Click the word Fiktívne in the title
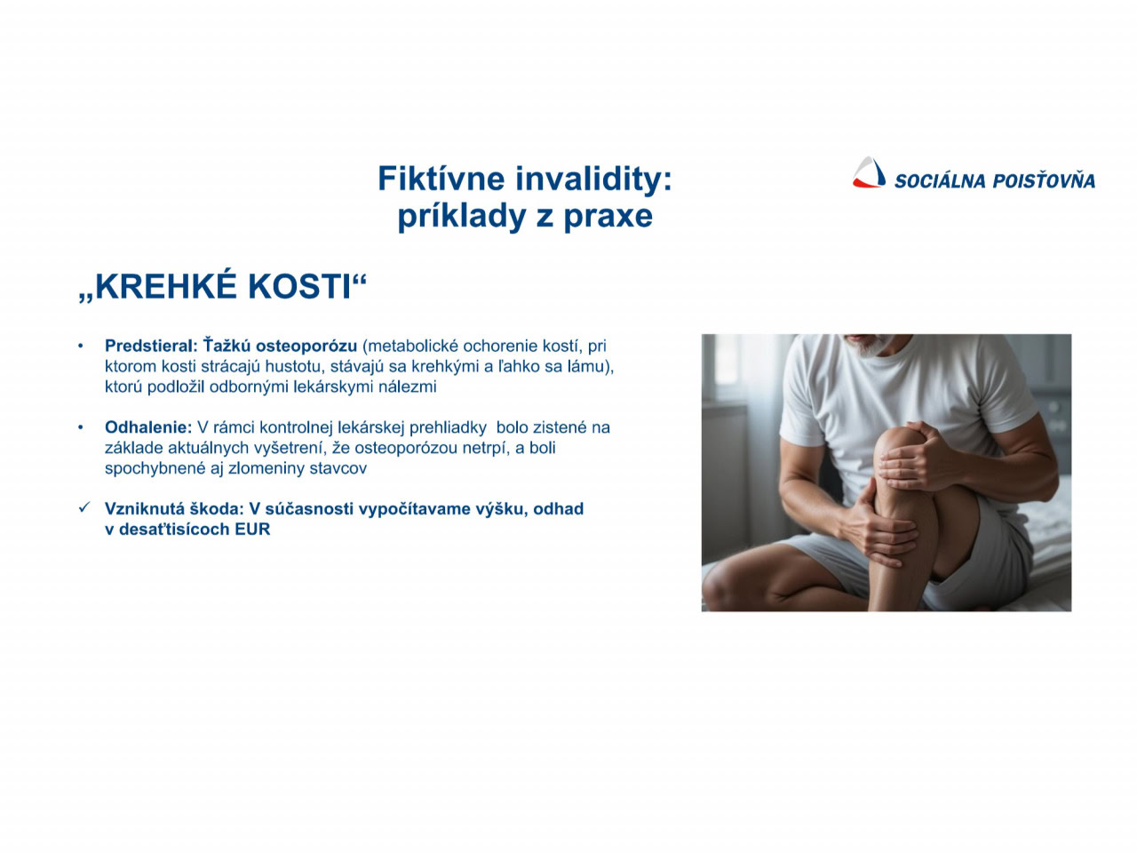[441, 179]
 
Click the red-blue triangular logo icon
[869, 172]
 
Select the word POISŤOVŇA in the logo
[1044, 179]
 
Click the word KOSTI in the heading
[300, 286]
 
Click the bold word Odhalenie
[148, 427]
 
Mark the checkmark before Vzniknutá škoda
[84, 507]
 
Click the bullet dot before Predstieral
[80, 346]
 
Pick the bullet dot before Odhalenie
[80, 427]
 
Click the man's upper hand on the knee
[917, 456]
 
